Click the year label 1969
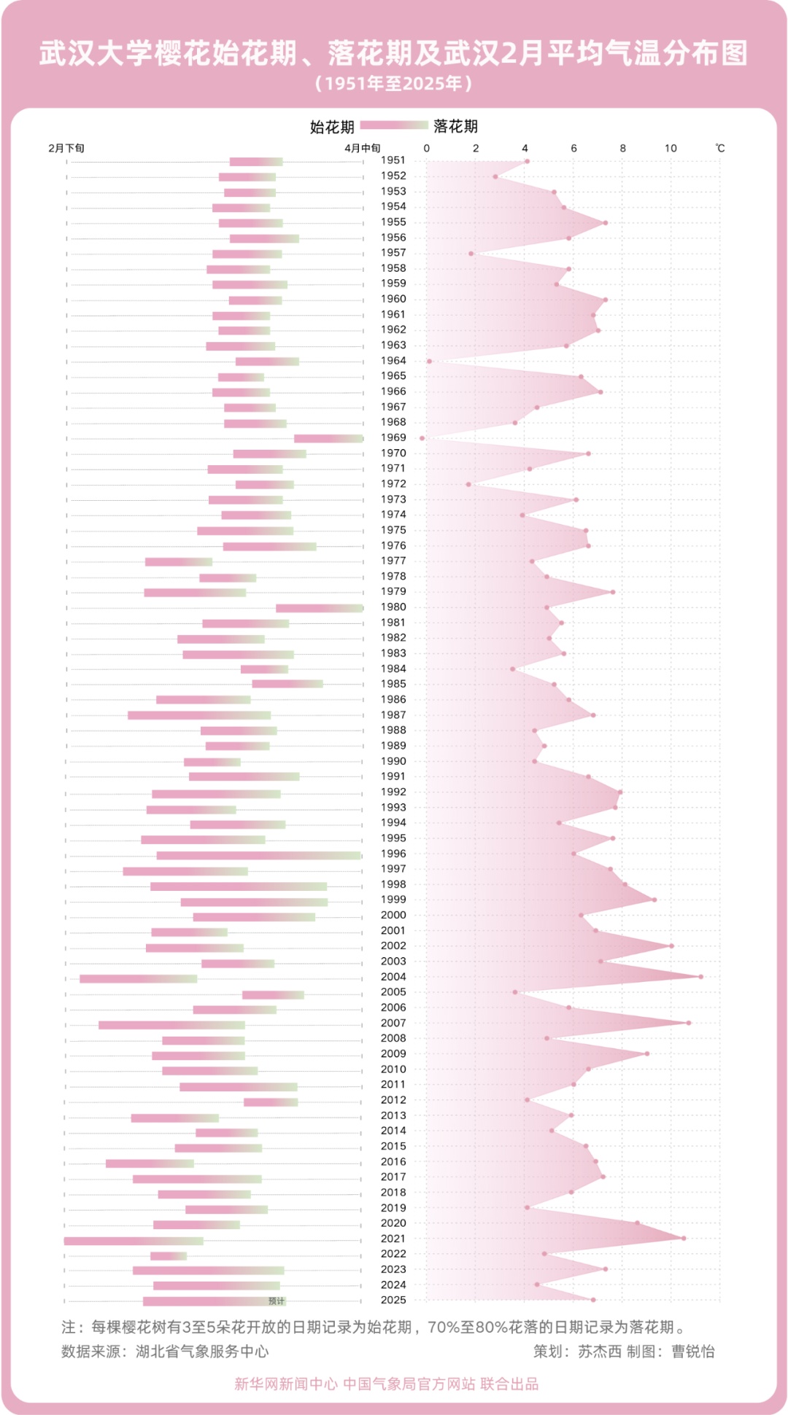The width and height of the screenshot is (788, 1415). click(x=393, y=437)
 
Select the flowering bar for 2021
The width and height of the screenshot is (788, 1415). click(x=134, y=1241)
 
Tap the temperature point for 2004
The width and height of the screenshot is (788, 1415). click(x=700, y=977)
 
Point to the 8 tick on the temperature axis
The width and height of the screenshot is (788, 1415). click(x=622, y=148)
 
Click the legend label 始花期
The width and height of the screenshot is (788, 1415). click(x=332, y=127)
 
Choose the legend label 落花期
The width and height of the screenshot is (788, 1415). click(x=455, y=127)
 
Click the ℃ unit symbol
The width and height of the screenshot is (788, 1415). click(x=720, y=148)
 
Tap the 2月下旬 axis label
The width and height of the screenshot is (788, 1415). click(x=66, y=148)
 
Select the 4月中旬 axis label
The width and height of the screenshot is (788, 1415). click(x=363, y=148)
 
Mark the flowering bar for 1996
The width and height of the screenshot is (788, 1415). click(x=259, y=855)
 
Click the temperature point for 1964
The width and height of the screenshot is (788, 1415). click(x=429, y=361)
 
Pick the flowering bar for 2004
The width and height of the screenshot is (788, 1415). click(x=139, y=978)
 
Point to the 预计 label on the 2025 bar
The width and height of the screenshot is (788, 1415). click(x=277, y=1301)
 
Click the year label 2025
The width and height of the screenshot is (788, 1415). click(x=393, y=1300)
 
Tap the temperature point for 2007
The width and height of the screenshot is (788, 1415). click(x=688, y=1023)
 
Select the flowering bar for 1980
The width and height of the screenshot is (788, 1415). click(x=320, y=608)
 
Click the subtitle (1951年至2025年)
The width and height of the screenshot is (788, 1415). click(x=394, y=83)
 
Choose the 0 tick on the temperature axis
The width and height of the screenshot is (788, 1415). click(x=427, y=148)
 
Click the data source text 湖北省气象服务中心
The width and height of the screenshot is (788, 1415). click(x=202, y=1351)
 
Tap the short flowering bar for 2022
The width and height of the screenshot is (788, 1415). click(x=169, y=1255)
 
